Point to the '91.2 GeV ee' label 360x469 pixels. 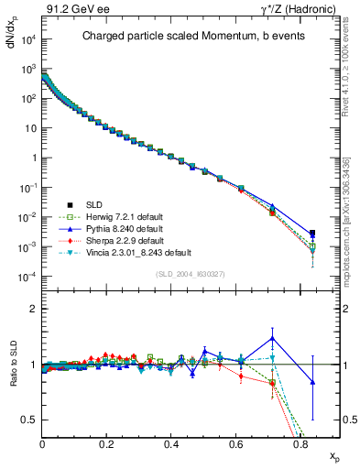click(x=71, y=9)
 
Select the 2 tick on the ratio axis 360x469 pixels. click(x=35, y=310)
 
